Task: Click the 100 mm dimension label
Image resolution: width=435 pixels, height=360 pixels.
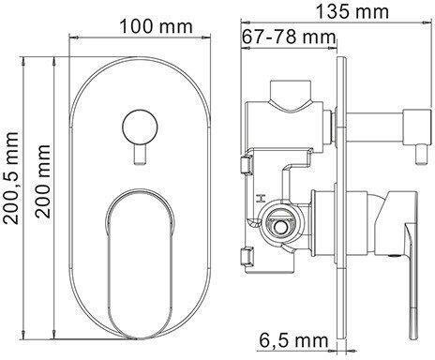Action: (x=156, y=26)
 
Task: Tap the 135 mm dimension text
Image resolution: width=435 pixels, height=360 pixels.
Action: (x=352, y=12)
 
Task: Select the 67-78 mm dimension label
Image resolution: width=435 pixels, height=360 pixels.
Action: (x=289, y=37)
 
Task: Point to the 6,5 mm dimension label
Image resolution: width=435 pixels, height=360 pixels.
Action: (x=293, y=340)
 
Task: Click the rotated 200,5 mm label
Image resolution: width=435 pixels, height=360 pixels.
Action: (x=11, y=177)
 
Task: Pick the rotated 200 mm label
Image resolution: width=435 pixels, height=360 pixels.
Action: (x=43, y=181)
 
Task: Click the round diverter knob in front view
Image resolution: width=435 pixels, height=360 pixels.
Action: (x=140, y=127)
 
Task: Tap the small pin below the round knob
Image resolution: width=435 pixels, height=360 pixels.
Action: (x=140, y=155)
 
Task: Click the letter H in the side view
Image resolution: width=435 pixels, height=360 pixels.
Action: (x=261, y=198)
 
